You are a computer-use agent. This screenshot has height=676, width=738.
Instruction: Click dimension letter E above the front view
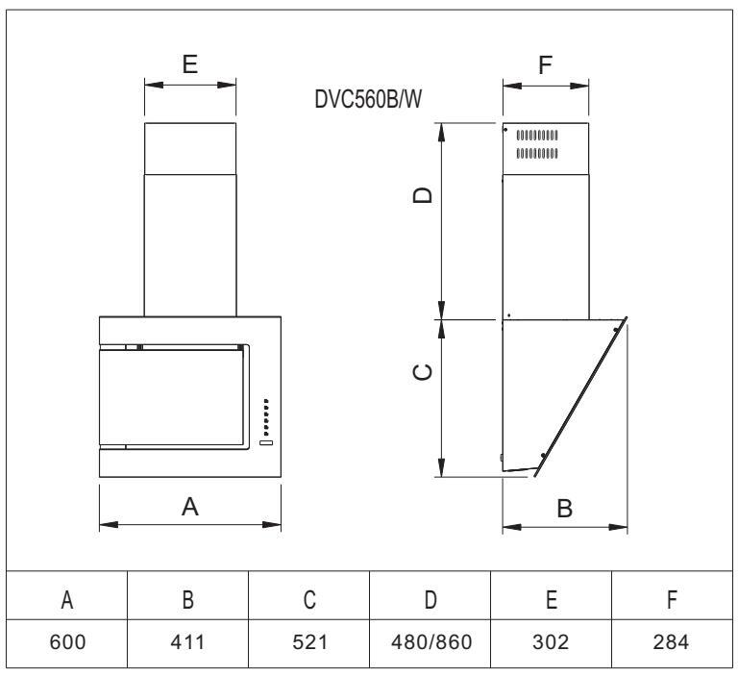pyautogui.click(x=190, y=64)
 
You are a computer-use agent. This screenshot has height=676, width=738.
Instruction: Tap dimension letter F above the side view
pyautogui.click(x=546, y=65)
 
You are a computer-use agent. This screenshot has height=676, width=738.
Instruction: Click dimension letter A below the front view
pyautogui.click(x=190, y=508)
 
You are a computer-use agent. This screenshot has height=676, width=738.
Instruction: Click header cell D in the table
pyautogui.click(x=430, y=602)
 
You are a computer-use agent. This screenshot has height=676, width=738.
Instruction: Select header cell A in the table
pyautogui.click(x=67, y=602)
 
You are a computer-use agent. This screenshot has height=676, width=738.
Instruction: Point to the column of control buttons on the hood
pyautogui.click(x=266, y=416)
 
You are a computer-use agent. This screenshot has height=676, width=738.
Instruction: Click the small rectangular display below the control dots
pyautogui.click(x=266, y=442)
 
